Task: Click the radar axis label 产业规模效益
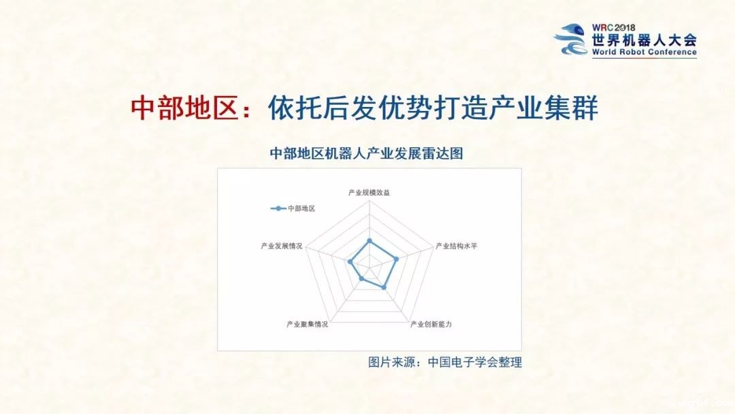(369, 193)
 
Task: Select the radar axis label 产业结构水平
(457, 246)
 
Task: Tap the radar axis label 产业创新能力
(431, 324)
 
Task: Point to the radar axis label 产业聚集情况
(307, 324)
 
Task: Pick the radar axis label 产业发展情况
(281, 246)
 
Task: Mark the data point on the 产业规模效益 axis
(369, 240)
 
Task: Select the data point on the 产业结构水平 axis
(396, 258)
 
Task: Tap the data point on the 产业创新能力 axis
(385, 287)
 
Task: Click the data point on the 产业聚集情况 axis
(361, 279)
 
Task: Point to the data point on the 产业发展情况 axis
(350, 261)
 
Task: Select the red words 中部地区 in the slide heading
(183, 108)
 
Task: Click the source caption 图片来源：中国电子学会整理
(445, 362)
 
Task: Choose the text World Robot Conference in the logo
(644, 52)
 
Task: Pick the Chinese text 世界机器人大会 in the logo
(644, 39)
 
